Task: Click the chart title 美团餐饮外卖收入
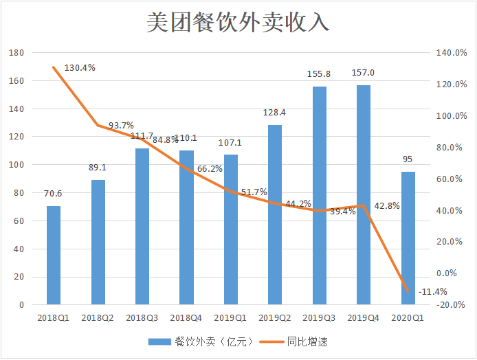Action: point(238,23)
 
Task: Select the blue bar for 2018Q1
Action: point(54,255)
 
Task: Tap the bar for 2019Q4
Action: point(364,194)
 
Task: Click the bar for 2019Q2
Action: point(275,214)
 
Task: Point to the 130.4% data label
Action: point(80,68)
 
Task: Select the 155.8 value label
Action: point(319,74)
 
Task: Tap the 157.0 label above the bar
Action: point(363,73)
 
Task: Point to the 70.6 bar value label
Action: point(54,194)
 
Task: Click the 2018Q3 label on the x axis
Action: point(142,318)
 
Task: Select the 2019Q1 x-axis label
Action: point(230,318)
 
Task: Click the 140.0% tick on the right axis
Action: point(451,53)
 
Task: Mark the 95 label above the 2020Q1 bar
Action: point(408,159)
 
